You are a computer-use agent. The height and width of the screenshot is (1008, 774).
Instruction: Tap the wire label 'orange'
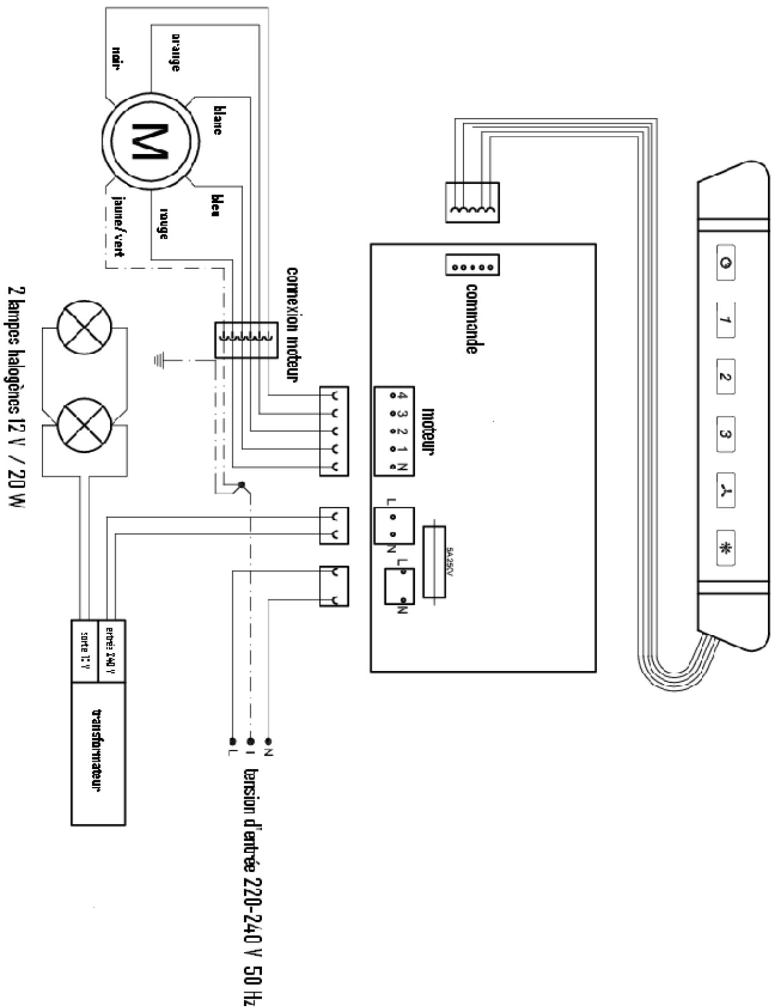coord(174,51)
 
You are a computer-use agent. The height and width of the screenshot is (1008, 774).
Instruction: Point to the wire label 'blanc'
coord(217,120)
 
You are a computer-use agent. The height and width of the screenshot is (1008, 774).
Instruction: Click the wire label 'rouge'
coord(163,224)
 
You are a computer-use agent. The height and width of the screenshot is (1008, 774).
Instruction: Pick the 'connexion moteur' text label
coord(293,324)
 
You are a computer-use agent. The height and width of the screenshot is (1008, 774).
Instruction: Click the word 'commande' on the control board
coord(471,318)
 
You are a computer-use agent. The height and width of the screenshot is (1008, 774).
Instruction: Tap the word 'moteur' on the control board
coord(428,432)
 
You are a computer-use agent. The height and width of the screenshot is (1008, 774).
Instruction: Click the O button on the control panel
coord(725,263)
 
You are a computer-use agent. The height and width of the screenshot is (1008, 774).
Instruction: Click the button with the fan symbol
coord(725,491)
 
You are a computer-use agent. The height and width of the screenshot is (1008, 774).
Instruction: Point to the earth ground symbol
coord(159,361)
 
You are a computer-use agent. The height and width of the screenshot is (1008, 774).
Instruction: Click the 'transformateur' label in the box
coord(98,751)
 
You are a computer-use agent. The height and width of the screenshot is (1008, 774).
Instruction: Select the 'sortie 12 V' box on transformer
coord(85,650)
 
